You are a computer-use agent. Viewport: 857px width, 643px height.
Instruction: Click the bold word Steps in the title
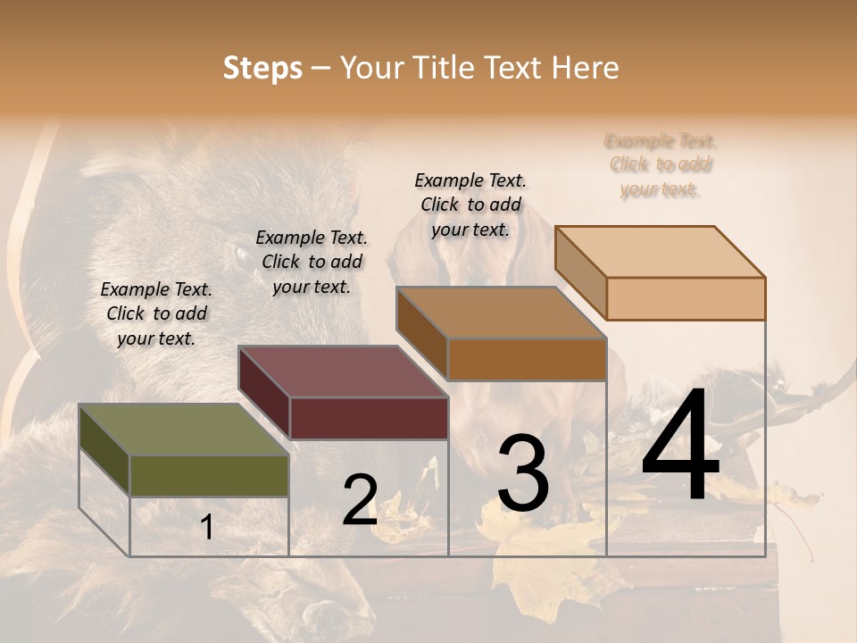point(262,68)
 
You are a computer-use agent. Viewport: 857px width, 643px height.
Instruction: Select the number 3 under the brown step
point(522,472)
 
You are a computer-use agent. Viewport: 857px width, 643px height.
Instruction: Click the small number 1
point(207,527)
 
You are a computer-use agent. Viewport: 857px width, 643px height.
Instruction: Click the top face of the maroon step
point(342,372)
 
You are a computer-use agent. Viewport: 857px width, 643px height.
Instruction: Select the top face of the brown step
point(500,313)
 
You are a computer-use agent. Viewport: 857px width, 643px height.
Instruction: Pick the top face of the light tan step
point(659,252)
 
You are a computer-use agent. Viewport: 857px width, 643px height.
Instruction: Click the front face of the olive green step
point(210,476)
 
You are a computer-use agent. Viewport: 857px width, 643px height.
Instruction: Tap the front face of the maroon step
point(369,418)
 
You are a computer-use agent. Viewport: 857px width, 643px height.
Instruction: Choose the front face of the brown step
point(527,359)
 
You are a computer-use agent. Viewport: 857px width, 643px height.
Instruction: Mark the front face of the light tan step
point(686,298)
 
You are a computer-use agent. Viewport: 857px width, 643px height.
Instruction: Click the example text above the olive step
point(156,313)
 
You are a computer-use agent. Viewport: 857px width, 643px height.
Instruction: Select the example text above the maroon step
point(312,262)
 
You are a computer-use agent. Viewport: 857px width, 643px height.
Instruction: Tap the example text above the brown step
point(470,205)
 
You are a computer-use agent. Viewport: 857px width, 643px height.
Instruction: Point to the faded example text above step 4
point(661,165)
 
